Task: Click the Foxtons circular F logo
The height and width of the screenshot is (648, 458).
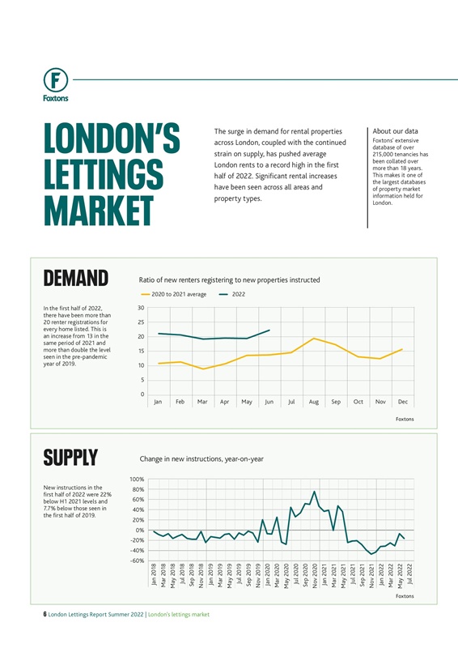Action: click(56, 80)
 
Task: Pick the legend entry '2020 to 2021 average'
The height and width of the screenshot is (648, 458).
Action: click(173, 294)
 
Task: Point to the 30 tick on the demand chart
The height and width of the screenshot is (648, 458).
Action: click(142, 308)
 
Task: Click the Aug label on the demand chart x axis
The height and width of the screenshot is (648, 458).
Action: click(313, 402)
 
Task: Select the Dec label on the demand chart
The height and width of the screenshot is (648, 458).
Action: click(402, 402)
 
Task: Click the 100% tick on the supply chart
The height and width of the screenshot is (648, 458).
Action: click(137, 480)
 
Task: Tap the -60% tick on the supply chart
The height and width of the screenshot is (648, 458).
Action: click(137, 561)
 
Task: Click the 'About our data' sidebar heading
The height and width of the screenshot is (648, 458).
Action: click(396, 131)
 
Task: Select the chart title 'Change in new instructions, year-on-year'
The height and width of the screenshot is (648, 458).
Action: click(201, 458)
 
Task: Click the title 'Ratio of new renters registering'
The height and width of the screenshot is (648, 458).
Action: click(230, 279)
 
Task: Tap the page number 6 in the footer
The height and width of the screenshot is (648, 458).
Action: click(45, 615)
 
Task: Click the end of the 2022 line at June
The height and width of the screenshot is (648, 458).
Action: click(269, 330)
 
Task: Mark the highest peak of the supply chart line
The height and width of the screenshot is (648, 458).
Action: click(315, 492)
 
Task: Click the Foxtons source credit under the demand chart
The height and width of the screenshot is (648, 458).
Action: click(404, 419)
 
